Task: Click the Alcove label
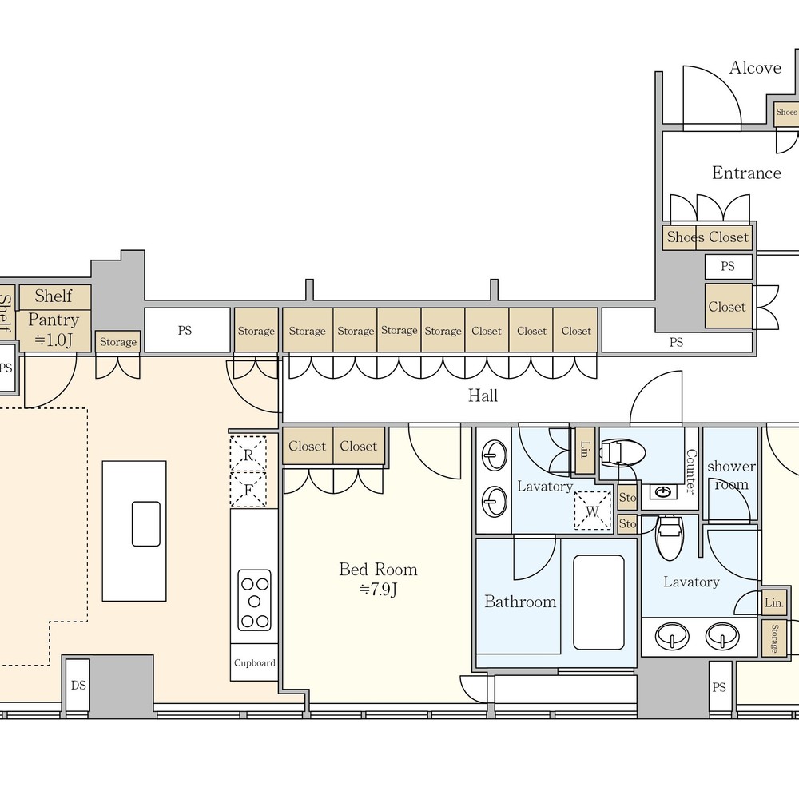755,67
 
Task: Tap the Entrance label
746,173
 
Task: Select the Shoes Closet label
707,237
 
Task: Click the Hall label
483,396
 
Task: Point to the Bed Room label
378,569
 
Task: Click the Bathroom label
520,602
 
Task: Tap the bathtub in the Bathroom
598,602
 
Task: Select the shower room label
731,475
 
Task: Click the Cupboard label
255,663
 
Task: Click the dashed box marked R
248,454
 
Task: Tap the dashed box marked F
248,490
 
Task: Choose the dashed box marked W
593,511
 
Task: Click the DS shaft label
78,686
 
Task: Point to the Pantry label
54,320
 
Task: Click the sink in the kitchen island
146,524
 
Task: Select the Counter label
691,471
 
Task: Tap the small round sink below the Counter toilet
662,491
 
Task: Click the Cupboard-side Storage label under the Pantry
118,342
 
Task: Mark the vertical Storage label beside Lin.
774,638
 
